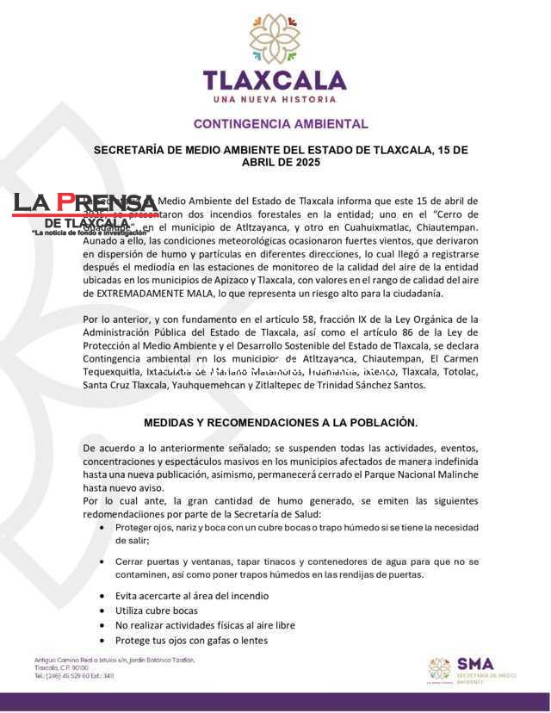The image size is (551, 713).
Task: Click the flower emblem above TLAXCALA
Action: click(x=275, y=39)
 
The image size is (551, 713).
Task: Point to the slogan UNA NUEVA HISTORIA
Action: click(x=275, y=99)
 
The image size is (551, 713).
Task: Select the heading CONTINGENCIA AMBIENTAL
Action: click(x=281, y=124)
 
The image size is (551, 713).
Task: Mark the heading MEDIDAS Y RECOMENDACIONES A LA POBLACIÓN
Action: click(x=281, y=423)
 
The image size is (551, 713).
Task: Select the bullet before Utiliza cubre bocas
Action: click(x=104, y=611)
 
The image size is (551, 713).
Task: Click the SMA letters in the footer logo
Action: click(x=475, y=664)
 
